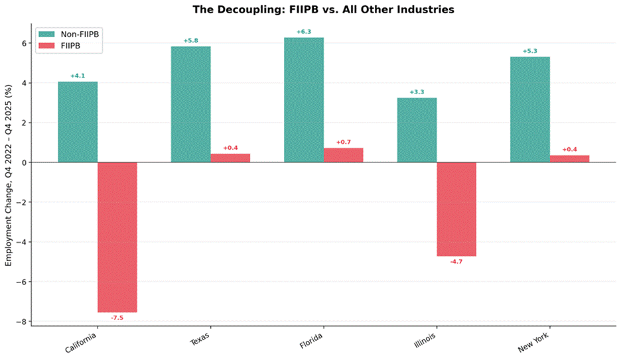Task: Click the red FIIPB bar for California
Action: click(x=117, y=237)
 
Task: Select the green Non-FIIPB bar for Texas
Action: click(x=191, y=105)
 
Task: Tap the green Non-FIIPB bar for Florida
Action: click(x=304, y=100)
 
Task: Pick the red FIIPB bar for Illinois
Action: click(x=456, y=210)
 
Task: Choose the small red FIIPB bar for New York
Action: click(x=569, y=158)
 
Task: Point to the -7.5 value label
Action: click(x=117, y=318)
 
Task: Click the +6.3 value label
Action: click(x=304, y=32)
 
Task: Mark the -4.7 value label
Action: click(x=456, y=261)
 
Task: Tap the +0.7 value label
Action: click(x=344, y=142)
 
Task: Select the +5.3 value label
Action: click(x=530, y=51)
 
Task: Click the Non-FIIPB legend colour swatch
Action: click(x=46, y=34)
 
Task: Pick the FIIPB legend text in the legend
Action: click(x=70, y=46)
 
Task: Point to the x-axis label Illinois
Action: click(x=425, y=341)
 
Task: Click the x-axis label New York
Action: click(x=533, y=343)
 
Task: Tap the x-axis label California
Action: click(x=81, y=343)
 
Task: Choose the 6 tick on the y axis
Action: click(x=24, y=43)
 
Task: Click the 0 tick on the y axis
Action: click(x=24, y=162)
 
